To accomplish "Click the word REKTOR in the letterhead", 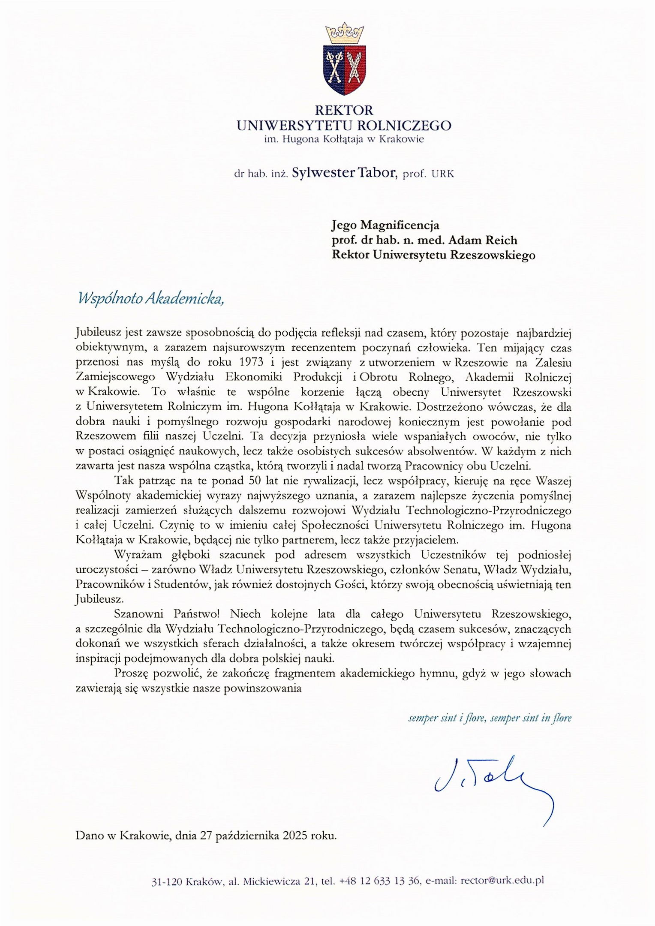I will pos(344,111).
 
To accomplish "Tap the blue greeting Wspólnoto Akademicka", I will pos(150,299).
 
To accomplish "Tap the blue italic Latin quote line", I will pos(490,718).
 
